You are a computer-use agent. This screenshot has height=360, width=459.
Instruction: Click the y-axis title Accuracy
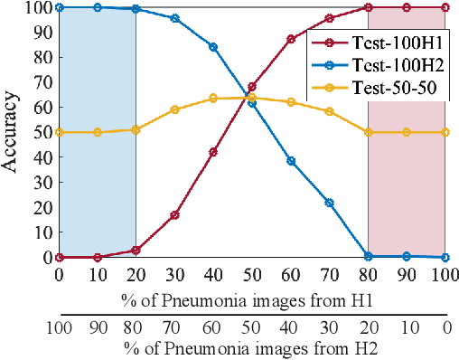pos(13,131)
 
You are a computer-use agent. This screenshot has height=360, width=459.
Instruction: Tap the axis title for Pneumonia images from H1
pos(252,298)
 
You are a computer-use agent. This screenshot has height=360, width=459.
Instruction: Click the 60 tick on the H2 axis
pos(213,327)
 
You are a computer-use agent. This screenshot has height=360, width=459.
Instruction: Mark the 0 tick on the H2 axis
pos(445,327)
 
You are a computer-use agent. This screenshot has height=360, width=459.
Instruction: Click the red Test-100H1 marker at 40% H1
pos(213,152)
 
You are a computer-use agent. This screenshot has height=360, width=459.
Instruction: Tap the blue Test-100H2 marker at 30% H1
pos(174,18)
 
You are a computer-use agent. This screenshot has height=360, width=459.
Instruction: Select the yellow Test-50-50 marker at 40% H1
pos(213,98)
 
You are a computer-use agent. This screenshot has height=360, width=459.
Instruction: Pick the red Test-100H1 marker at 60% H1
pos(290,39)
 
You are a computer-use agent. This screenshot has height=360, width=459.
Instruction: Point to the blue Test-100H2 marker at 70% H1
pos(329,203)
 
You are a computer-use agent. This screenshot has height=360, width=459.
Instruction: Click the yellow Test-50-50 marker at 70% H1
pos(329,111)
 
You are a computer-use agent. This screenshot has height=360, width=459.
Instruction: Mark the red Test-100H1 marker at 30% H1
pos(174,215)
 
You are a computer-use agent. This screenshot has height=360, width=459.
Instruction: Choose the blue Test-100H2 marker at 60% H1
pos(290,161)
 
